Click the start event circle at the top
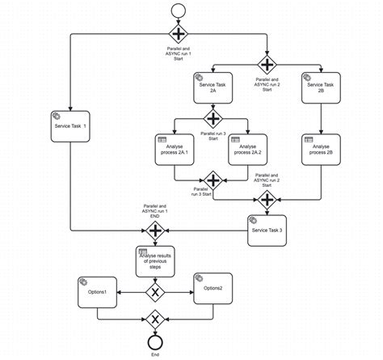pyautogui.click(x=178, y=11)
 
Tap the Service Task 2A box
pyautogui.click(x=213, y=88)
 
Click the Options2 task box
pyautogui.click(x=214, y=289)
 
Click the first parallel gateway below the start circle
pyautogui.click(x=178, y=34)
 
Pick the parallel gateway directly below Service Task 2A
pyautogui.click(x=213, y=117)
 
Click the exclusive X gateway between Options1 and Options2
pyautogui.click(x=154, y=292)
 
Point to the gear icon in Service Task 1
pyautogui.click(x=57, y=116)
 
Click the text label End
pyautogui.click(x=154, y=354)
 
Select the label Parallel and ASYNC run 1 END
pyautogui.click(x=154, y=211)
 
